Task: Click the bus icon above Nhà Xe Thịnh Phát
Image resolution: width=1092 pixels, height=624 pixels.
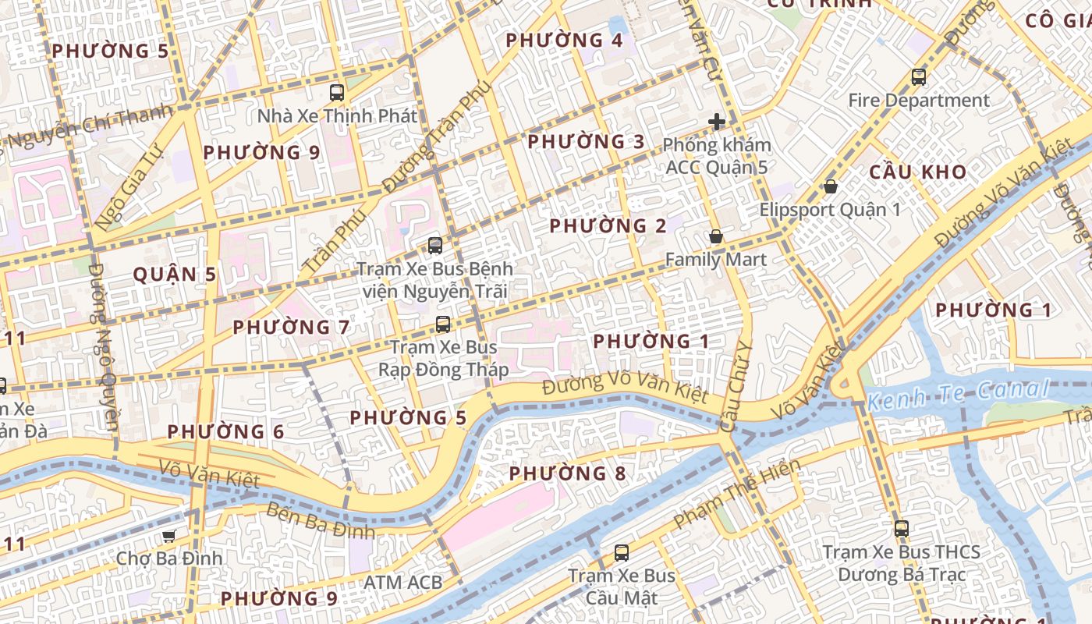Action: (337, 93)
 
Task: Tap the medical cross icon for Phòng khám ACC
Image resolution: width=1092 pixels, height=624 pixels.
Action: (717, 122)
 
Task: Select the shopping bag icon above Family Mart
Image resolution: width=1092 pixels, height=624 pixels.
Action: (715, 236)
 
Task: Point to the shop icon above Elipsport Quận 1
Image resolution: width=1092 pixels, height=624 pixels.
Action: (831, 186)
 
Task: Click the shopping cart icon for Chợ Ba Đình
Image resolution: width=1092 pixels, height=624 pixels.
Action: (168, 536)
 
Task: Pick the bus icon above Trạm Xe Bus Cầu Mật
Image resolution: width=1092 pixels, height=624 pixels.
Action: (622, 553)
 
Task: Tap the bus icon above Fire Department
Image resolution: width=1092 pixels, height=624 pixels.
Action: (919, 77)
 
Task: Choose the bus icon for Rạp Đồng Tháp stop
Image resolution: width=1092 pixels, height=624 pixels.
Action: (443, 324)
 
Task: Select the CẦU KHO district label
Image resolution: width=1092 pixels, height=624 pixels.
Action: (917, 172)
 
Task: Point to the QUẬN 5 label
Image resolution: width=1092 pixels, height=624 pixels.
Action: (175, 275)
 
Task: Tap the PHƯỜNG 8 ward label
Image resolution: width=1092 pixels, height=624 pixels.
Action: (567, 473)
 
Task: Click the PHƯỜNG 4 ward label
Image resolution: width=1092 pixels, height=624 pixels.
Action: (564, 41)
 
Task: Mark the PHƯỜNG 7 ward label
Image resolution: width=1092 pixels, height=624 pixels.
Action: (291, 327)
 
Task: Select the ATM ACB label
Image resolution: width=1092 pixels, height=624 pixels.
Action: (402, 582)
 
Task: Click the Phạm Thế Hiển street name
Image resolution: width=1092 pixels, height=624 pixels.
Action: (737, 493)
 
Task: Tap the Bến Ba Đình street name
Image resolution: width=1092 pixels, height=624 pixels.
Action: (321, 521)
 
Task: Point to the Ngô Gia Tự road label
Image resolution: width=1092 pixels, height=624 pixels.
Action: (128, 186)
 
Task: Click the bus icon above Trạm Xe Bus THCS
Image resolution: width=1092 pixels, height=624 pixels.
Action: (902, 528)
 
